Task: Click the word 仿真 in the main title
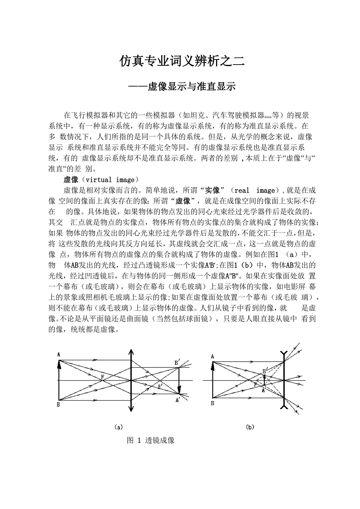131,61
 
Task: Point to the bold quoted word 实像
212,190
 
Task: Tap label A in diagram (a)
59,354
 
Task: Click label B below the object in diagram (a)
58,404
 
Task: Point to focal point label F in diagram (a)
103,377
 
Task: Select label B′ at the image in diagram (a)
177,362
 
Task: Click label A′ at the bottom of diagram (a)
178,400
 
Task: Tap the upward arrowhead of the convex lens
131,353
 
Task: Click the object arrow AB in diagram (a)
59,380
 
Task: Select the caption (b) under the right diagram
250,427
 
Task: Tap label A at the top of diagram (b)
212,356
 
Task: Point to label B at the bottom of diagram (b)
212,403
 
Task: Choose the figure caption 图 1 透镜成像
151,440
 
